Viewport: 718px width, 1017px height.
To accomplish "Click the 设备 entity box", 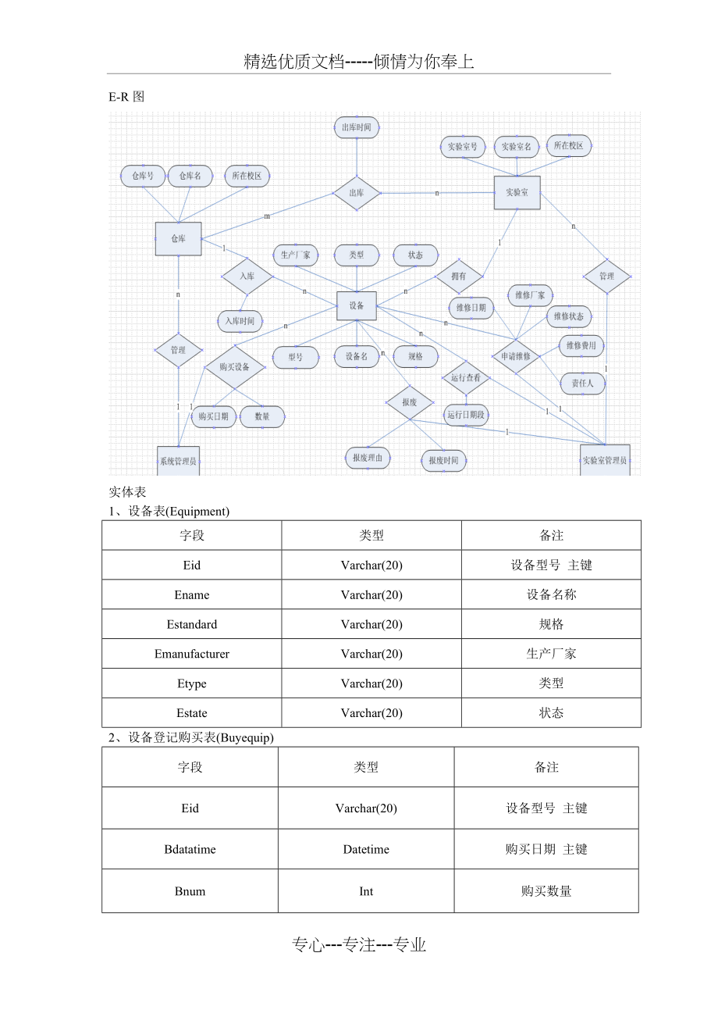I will (x=357, y=305).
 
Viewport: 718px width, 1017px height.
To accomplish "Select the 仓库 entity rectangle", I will (x=178, y=239).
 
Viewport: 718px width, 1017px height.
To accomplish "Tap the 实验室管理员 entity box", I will (x=605, y=460).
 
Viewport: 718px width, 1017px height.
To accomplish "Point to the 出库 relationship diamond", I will (x=357, y=193).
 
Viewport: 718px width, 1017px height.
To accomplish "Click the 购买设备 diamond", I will (x=234, y=367).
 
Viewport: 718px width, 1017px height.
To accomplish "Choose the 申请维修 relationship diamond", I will (x=515, y=356).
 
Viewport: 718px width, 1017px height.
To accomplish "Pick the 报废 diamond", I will (x=410, y=402).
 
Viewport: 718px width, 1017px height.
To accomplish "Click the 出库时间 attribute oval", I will (x=357, y=127).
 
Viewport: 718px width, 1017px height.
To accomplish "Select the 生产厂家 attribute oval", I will (x=296, y=255).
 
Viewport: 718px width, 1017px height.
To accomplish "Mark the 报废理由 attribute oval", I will (x=368, y=459).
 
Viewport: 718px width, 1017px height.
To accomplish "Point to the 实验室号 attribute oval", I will (x=463, y=147).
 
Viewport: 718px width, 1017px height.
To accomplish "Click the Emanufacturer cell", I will (x=192, y=654).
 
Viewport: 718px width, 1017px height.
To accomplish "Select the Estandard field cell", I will (x=192, y=624).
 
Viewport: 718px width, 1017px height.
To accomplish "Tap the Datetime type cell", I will (x=366, y=849).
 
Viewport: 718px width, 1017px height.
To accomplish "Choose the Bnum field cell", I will (x=190, y=891).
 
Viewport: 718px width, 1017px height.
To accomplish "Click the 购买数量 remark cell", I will (x=546, y=891).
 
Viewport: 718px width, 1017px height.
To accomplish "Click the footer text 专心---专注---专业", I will (x=359, y=945).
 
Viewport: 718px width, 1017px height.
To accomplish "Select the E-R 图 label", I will (x=126, y=97).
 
